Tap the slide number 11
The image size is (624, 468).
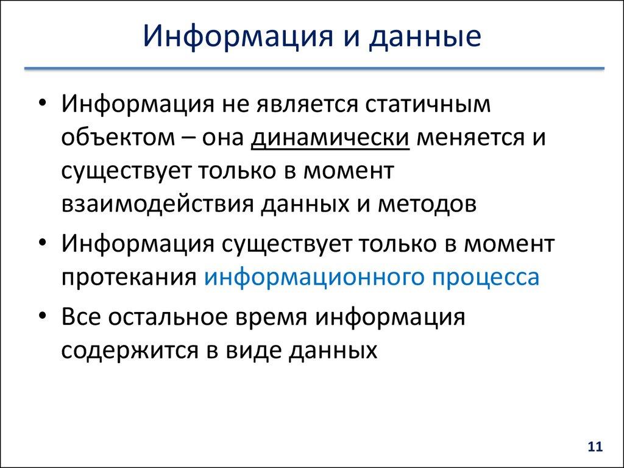point(595,447)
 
